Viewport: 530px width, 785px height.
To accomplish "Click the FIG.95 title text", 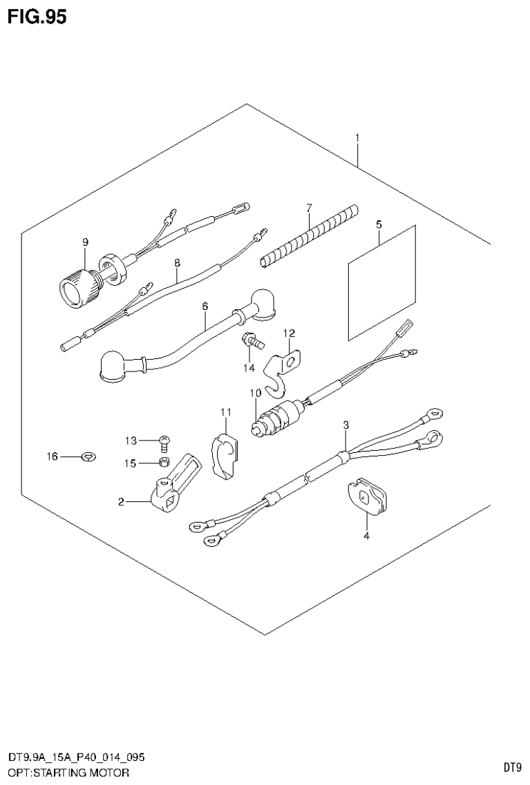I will [x=37, y=17].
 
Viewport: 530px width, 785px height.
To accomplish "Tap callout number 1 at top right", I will [x=357, y=139].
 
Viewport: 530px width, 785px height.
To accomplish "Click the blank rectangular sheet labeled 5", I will [x=382, y=282].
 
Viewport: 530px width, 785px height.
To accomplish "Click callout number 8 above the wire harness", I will [x=177, y=263].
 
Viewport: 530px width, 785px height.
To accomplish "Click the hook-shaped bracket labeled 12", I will [x=285, y=367].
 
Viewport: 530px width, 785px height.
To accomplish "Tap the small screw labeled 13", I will [x=164, y=440].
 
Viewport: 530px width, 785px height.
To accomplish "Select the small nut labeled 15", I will [x=164, y=463].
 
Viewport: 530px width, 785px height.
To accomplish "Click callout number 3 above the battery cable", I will [x=346, y=425].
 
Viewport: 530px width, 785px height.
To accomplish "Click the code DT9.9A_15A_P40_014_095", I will [x=75, y=757].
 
